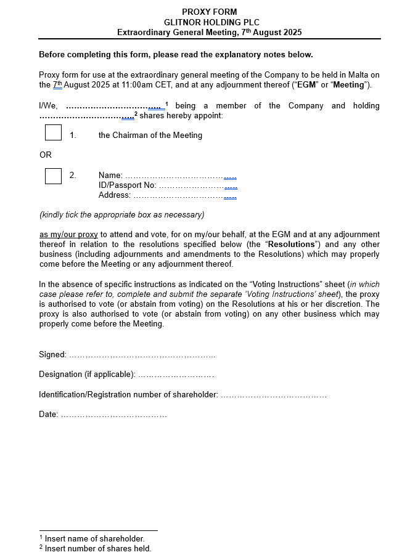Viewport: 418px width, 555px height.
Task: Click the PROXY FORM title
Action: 209,12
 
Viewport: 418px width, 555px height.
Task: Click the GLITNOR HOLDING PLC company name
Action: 209,22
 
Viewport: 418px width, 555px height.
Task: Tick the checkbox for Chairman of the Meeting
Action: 54,133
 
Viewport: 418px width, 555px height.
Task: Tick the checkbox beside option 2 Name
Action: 54,176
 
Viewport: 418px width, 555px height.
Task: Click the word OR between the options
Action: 46,155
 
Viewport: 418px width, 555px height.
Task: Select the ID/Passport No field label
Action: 127,185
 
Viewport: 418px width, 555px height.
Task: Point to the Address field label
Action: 115,195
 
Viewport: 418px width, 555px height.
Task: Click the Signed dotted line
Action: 142,355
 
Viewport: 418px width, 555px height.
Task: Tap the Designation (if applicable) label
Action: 87,375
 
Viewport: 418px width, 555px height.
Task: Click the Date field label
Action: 48,415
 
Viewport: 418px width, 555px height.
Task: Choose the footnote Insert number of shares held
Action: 97,548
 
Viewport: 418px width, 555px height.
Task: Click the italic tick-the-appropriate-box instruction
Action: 121,215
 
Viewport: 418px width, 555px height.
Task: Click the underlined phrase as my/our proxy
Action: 68,235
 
